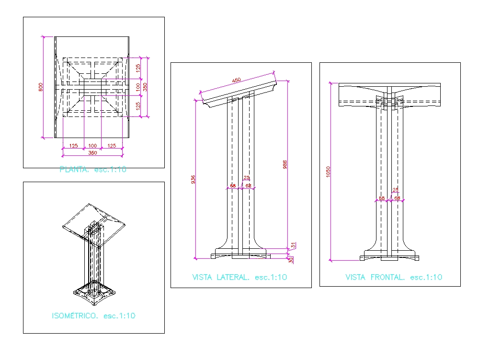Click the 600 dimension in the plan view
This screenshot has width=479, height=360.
[x=41, y=87]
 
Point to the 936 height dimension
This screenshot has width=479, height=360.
[x=193, y=179]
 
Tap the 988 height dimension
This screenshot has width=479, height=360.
[x=285, y=164]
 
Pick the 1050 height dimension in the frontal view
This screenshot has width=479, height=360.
[x=328, y=171]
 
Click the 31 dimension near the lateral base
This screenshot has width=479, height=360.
[x=293, y=245]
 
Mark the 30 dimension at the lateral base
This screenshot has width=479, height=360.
[x=290, y=260]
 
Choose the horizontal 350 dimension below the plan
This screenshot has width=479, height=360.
[x=92, y=153]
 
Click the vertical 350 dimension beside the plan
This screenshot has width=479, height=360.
[x=145, y=87]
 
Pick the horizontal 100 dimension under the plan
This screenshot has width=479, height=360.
[x=92, y=146]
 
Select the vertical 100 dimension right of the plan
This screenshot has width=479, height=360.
[x=138, y=87]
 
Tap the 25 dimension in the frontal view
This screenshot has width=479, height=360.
[x=396, y=190]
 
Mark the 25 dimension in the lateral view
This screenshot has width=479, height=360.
[x=247, y=178]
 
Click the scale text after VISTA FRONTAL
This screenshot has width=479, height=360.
[x=426, y=277]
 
